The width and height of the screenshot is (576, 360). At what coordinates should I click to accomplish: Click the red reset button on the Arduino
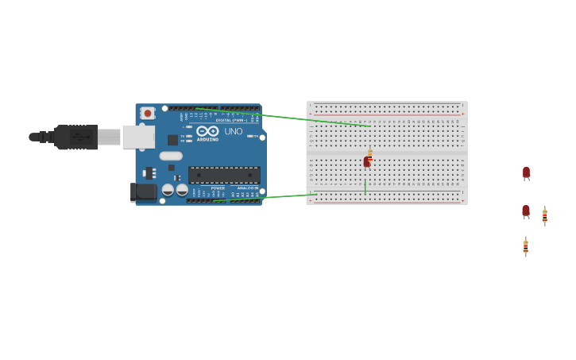147,114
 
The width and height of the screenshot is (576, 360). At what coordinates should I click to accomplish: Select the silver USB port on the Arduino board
138,137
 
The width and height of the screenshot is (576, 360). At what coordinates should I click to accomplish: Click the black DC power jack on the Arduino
143,192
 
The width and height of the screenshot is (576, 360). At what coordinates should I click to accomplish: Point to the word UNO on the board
234,132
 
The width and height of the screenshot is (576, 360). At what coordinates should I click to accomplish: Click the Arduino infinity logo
207,131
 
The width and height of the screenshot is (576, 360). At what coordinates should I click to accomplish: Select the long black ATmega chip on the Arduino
224,175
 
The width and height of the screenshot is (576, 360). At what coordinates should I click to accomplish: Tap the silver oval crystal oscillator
171,156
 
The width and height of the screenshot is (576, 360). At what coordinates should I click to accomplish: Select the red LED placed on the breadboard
366,162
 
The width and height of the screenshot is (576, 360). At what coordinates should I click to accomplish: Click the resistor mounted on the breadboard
370,154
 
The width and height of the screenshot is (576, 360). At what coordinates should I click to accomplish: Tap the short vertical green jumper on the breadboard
365,186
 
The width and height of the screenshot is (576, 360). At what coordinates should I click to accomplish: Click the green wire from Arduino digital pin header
286,118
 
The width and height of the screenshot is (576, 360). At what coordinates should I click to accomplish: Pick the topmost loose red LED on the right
526,172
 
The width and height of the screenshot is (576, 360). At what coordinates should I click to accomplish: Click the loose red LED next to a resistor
526,211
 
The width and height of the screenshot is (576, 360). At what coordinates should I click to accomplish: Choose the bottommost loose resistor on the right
525,247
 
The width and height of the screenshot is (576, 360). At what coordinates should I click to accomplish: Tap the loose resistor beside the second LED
544,215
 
